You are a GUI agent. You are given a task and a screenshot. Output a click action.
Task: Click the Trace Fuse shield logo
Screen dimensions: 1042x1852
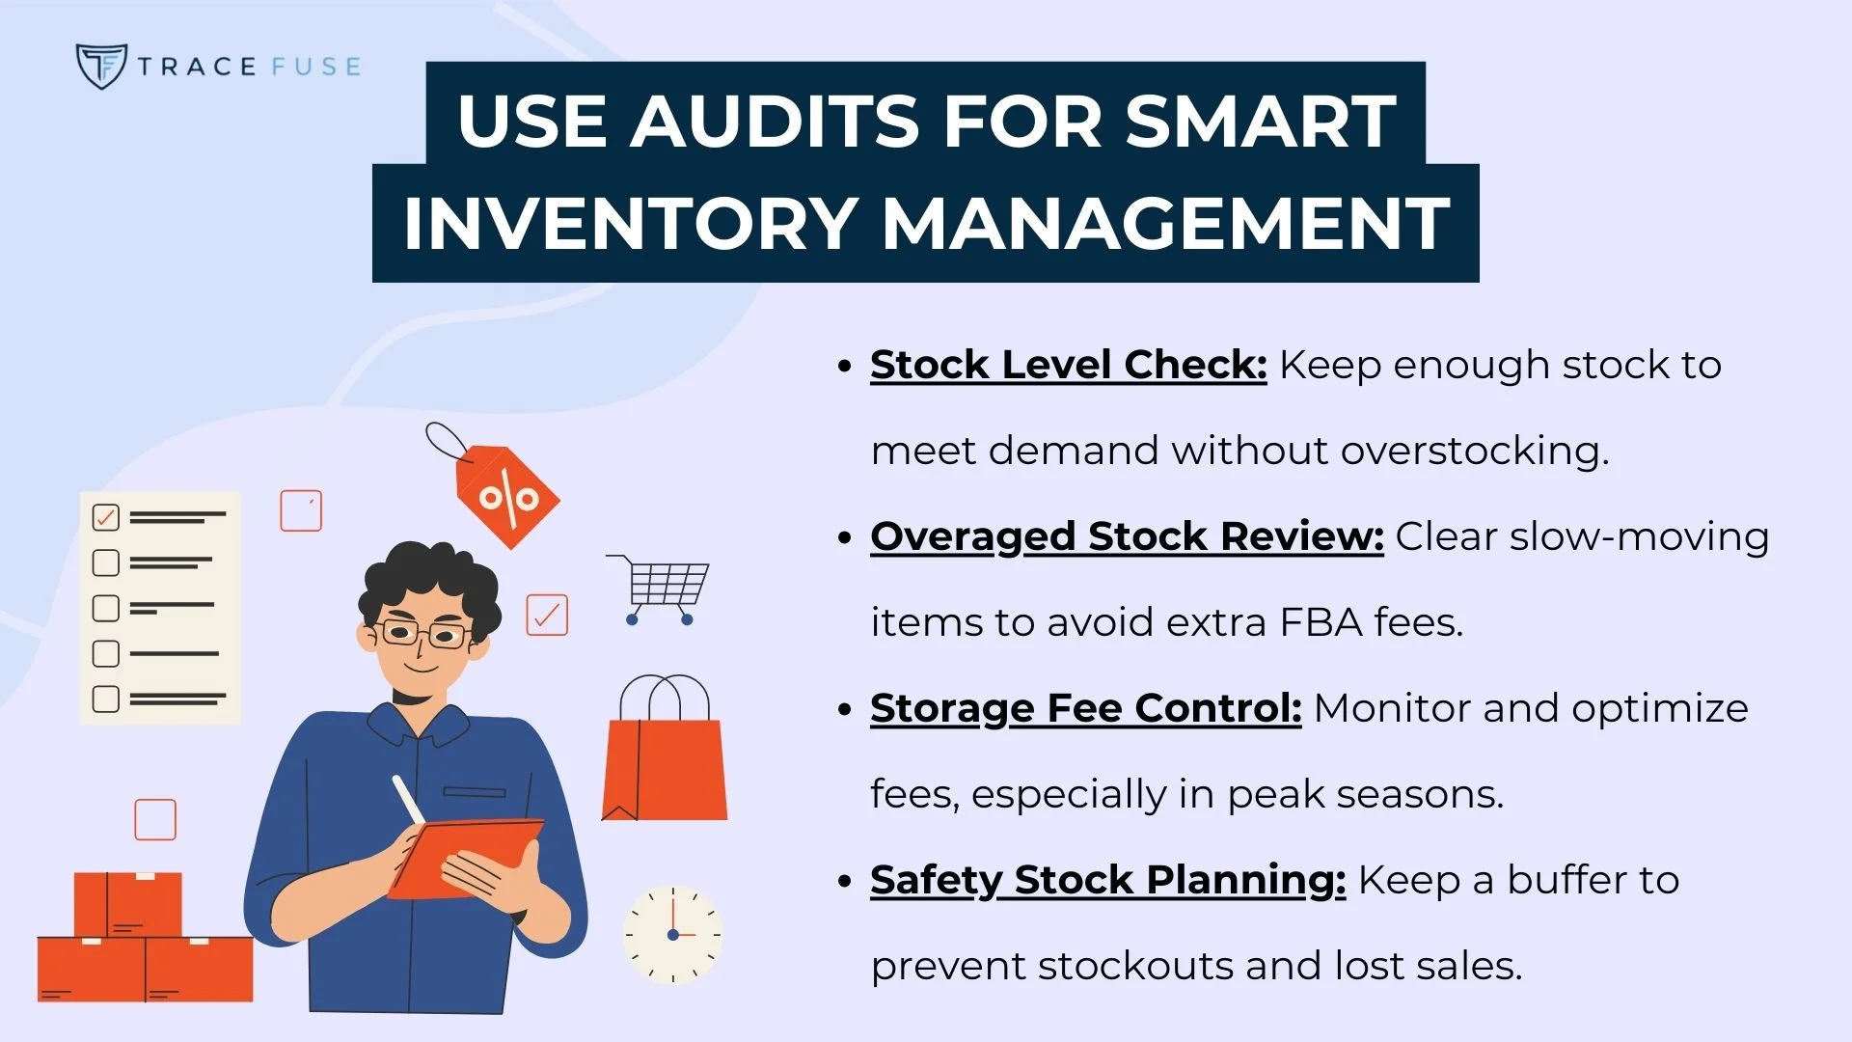[x=100, y=66]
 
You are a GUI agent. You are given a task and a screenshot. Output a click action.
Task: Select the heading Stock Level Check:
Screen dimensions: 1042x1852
[x=1068, y=365]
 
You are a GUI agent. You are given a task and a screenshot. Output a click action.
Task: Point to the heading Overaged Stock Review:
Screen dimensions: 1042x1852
[x=1127, y=536]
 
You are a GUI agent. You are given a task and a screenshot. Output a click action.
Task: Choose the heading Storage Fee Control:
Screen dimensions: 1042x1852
[x=1085, y=708]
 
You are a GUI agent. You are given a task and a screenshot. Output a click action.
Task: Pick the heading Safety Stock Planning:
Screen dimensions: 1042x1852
[x=1107, y=880]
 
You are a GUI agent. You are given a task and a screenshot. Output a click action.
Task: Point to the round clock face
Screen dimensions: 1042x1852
[x=672, y=934]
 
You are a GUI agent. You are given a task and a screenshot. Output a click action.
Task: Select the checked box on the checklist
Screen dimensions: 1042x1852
[x=105, y=517]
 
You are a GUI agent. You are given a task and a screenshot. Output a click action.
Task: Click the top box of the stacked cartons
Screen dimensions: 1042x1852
[x=127, y=904]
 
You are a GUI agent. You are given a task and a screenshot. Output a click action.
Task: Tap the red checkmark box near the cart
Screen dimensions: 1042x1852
[x=547, y=615]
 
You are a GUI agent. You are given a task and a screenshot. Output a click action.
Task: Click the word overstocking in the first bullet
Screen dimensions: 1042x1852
[x=1474, y=451]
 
